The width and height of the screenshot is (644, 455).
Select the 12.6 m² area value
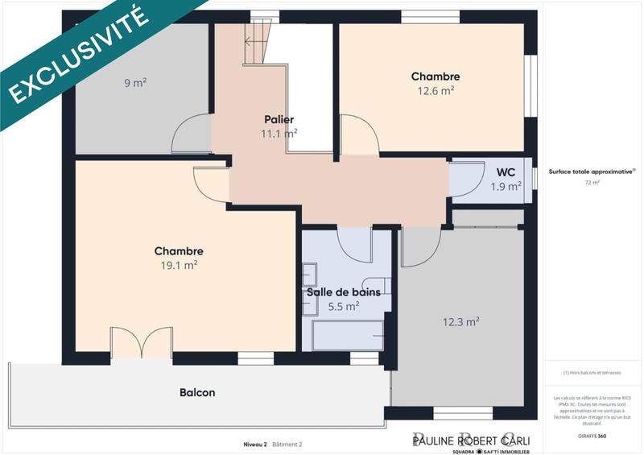pyautogui.click(x=436, y=90)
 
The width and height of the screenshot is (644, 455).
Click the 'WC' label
pyautogui.click(x=506, y=172)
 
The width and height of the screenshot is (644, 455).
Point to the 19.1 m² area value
pyautogui.click(x=179, y=264)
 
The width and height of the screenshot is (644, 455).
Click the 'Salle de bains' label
pyautogui.click(x=343, y=292)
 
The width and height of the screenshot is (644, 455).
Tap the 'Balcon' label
pyautogui.click(x=197, y=393)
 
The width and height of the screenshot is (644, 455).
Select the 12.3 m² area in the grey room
pyautogui.click(x=460, y=321)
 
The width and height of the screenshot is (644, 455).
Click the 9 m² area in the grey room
pyautogui.click(x=134, y=82)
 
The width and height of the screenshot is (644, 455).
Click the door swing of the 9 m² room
pyautogui.click(x=190, y=133)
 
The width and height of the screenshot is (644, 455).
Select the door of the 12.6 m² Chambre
pyautogui.click(x=357, y=134)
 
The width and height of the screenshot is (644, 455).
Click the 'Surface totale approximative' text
pyautogui.click(x=591, y=172)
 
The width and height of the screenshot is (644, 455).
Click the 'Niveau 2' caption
pyautogui.click(x=255, y=444)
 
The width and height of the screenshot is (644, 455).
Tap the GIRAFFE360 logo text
pyautogui.click(x=590, y=435)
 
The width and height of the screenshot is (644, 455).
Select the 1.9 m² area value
pyautogui.click(x=506, y=186)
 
